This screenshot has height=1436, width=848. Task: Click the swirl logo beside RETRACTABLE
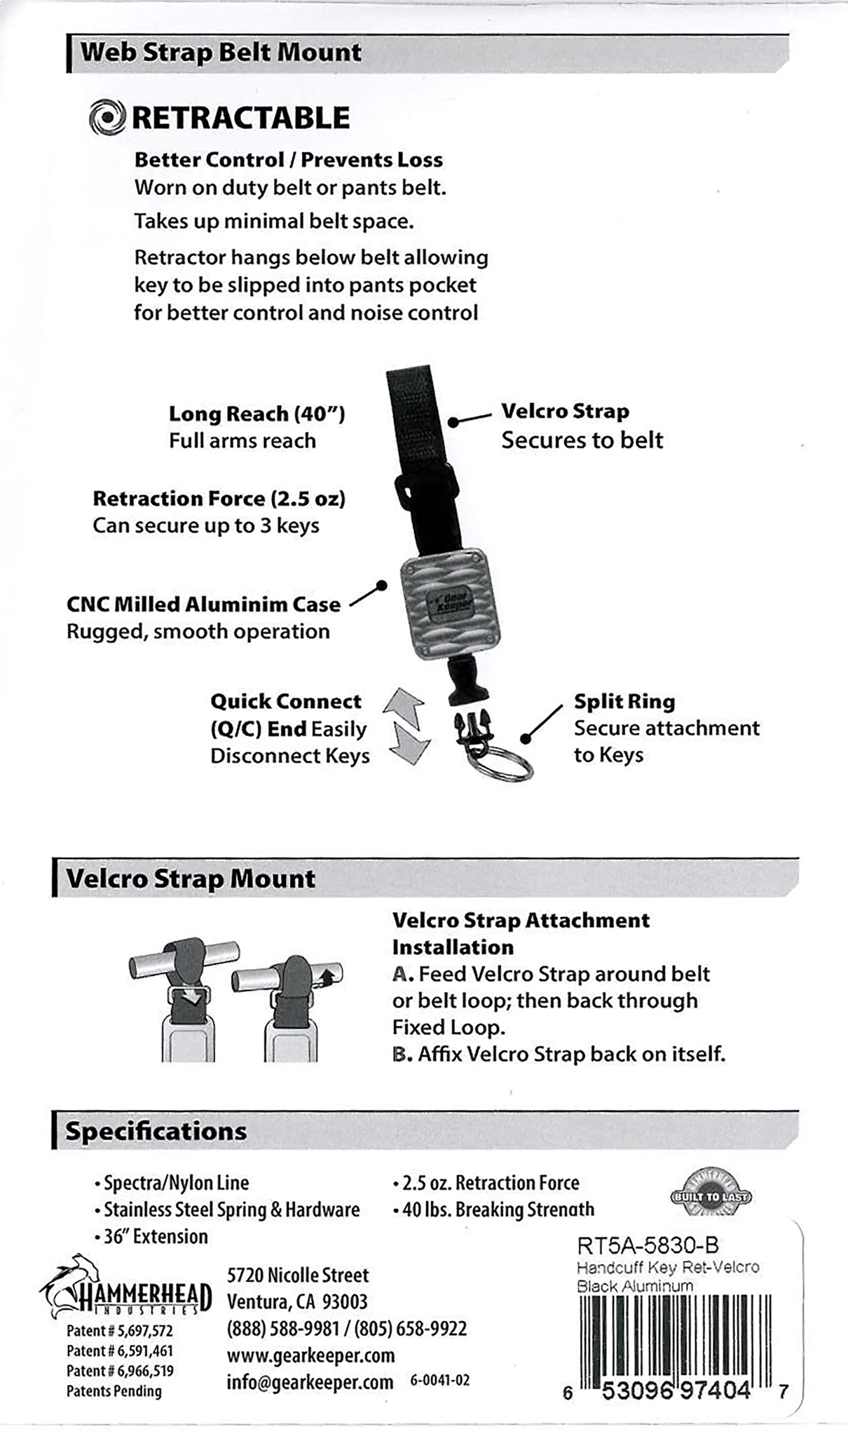click(x=107, y=118)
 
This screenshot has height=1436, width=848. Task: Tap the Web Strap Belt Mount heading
click(x=221, y=53)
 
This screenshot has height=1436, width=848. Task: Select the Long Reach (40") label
click(x=257, y=414)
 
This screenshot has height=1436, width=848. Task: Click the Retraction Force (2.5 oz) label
click(x=219, y=499)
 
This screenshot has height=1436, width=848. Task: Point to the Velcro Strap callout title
click(x=565, y=411)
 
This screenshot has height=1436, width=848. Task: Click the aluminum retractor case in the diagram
click(x=449, y=603)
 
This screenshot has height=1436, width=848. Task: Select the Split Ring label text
click(x=624, y=701)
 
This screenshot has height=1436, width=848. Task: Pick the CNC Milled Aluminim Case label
click(x=203, y=604)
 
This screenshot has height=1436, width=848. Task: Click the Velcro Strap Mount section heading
click(x=191, y=879)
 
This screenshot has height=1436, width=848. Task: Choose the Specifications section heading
click(x=156, y=1131)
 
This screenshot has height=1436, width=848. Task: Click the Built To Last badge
click(x=711, y=1196)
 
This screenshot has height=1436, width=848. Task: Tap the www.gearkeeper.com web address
click(x=310, y=1355)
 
